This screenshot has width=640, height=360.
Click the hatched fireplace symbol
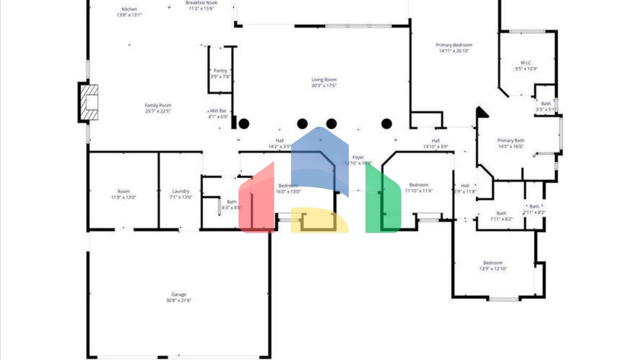[89, 102]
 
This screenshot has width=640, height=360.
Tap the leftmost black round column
[244, 124]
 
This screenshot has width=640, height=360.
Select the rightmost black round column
[387, 124]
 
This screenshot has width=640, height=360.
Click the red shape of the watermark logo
[257, 200]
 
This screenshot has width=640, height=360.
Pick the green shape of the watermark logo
[382, 200]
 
